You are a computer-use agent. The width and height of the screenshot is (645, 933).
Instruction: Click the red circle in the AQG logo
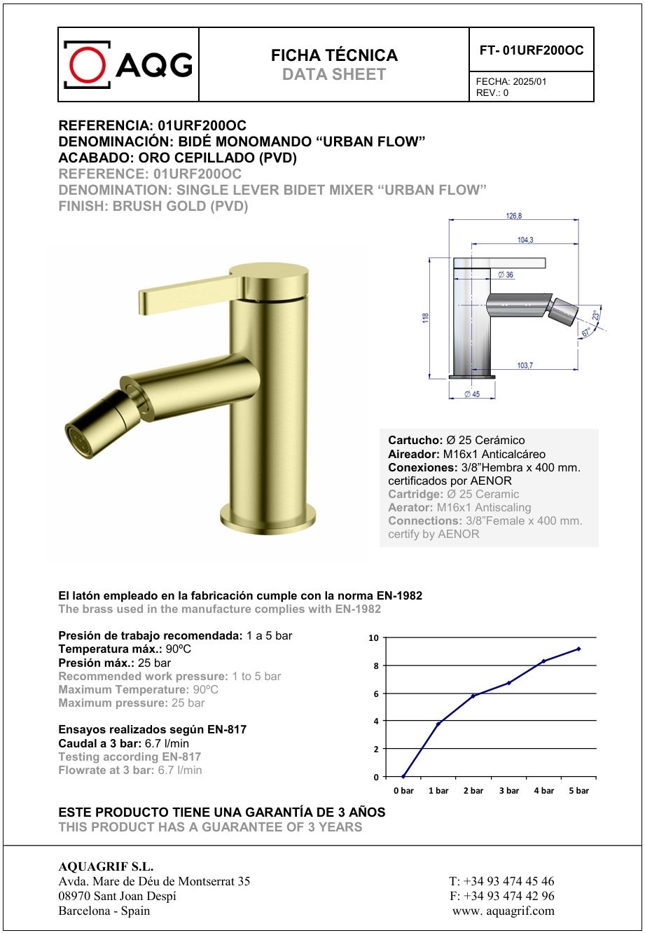tap(87, 64)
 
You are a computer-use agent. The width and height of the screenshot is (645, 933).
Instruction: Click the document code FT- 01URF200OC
tap(532, 50)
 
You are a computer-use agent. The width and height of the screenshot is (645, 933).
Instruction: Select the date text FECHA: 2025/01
tap(511, 81)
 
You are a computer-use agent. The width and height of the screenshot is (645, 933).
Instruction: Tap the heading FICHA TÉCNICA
tap(334, 55)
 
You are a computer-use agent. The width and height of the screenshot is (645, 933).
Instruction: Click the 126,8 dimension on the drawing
tap(513, 216)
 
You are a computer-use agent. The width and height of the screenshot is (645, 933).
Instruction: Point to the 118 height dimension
tap(424, 318)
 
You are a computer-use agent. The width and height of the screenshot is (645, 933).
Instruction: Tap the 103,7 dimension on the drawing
tap(525, 365)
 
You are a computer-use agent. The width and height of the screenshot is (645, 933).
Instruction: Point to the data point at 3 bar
tap(508, 683)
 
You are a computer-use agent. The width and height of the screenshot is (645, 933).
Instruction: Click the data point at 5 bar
tap(578, 649)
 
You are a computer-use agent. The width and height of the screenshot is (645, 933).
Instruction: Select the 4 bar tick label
tap(543, 791)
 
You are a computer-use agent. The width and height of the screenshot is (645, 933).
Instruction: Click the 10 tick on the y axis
tap(374, 638)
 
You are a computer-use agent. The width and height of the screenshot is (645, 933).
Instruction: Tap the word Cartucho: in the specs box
tap(415, 441)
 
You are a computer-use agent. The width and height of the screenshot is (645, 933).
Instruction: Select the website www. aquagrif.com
tap(504, 911)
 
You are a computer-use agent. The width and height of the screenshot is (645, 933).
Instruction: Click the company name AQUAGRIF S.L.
tap(106, 866)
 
